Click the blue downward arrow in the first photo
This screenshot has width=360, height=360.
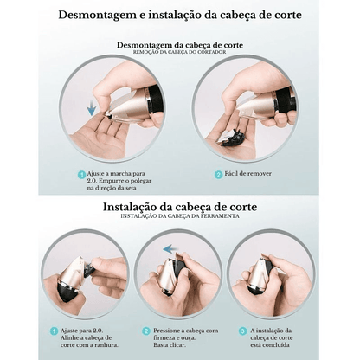click(92, 107)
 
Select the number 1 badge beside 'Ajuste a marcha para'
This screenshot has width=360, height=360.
click(82, 175)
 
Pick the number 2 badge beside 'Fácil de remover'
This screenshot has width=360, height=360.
click(218, 175)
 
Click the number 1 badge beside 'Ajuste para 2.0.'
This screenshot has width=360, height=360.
click(54, 331)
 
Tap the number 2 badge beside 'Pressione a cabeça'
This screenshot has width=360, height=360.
click(146, 331)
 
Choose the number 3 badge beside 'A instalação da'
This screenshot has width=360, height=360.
click(243, 331)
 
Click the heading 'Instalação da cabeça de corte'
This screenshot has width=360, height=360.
click(180, 207)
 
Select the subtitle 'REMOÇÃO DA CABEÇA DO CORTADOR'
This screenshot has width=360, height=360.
click(180, 52)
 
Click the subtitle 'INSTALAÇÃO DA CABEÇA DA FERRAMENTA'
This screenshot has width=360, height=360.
click(180, 216)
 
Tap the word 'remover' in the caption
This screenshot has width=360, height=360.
click(260, 174)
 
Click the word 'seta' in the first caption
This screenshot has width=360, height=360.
click(130, 189)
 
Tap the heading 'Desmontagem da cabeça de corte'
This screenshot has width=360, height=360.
click(180, 45)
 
